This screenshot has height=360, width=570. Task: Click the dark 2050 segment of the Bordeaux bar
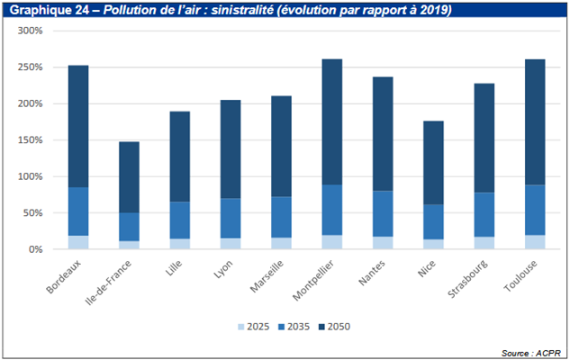click(78, 126)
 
